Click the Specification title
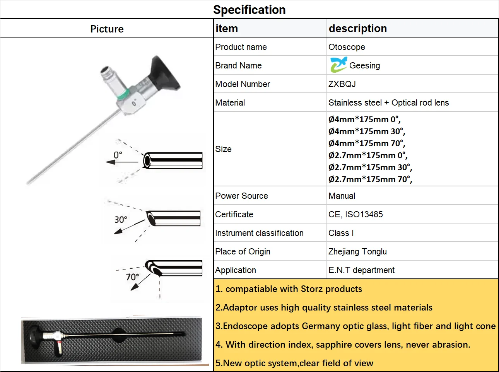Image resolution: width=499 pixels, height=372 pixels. tap(249, 10)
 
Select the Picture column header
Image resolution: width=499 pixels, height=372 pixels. tap(107, 29)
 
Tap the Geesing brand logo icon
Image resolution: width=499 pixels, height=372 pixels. tap(338, 65)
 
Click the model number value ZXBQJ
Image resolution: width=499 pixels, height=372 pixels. tap(342, 84)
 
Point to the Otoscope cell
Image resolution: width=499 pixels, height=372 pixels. tap(347, 47)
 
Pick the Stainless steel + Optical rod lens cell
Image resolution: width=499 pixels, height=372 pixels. tap(388, 102)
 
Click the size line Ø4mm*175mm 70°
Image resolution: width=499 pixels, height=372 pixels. tap(366, 143)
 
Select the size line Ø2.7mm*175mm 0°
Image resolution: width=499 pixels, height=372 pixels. tap(367, 155)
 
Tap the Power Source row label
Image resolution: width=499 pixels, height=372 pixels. tap(241, 196)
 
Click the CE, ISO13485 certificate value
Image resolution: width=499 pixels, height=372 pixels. tap(355, 214)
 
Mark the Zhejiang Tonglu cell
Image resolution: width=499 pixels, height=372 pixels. tap(357, 251)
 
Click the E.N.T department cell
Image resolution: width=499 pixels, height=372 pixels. tap(361, 270)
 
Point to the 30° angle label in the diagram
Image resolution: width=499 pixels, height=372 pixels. tap(121, 220)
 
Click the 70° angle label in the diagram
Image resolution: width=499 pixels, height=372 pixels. tap(132, 277)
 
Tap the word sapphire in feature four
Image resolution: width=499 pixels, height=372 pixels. tap(333, 345)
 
